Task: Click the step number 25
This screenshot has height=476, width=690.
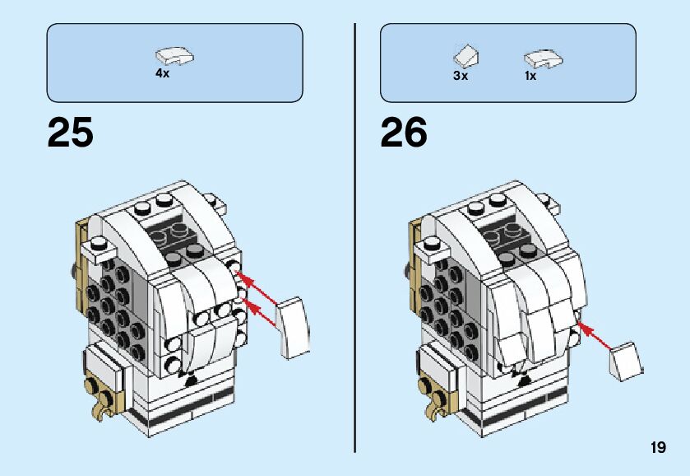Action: [x=70, y=133]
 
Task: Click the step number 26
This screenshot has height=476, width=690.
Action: [x=404, y=133]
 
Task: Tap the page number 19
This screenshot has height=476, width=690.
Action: [x=657, y=448]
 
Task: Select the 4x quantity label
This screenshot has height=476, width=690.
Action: [x=162, y=73]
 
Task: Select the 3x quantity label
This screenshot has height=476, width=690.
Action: [x=460, y=76]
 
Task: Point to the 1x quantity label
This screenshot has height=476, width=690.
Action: [x=530, y=76]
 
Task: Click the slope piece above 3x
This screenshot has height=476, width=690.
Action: [x=466, y=56]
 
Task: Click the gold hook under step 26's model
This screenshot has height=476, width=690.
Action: [x=433, y=403]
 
